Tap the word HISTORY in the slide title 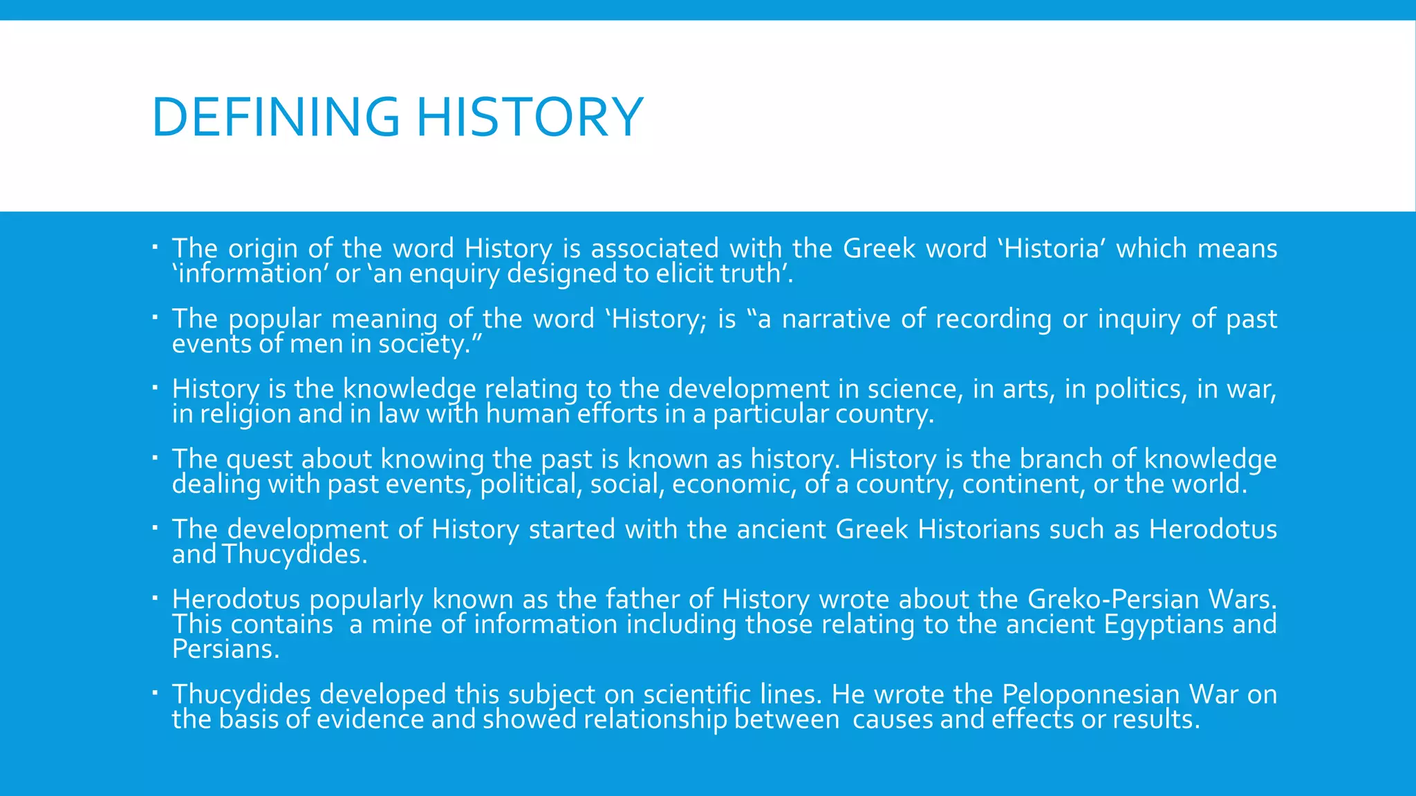coord(530,117)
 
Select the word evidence coord(370,720)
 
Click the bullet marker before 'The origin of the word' coord(156,246)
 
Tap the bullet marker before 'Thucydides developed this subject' coord(156,692)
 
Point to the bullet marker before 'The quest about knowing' coord(156,457)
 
